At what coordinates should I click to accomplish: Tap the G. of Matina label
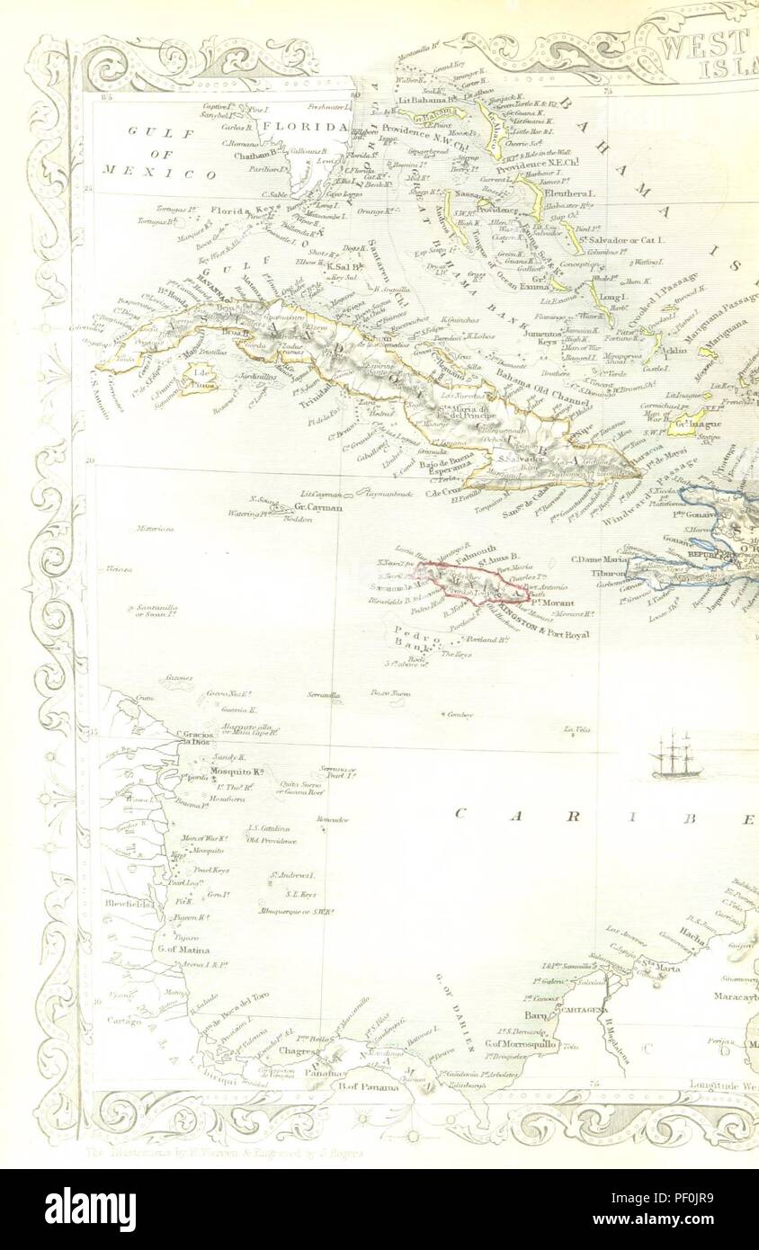point(183,949)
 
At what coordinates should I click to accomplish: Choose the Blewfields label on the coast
point(124,902)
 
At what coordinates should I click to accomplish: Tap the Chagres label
point(296,1050)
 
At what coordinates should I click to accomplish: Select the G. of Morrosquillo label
point(522,1043)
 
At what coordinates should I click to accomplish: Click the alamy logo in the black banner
point(90,1209)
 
